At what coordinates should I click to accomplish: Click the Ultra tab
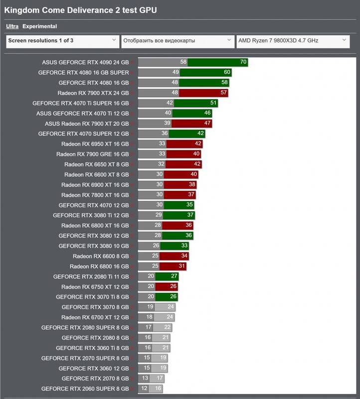(x=12, y=26)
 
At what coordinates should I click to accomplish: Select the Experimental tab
(x=39, y=26)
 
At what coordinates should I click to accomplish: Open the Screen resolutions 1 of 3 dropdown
(x=62, y=41)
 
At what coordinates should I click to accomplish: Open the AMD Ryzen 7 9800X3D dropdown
(x=292, y=41)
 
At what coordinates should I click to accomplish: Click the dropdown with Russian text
(x=177, y=41)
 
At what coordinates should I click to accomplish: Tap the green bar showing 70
(x=217, y=62)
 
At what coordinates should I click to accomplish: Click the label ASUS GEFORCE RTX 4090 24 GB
(x=85, y=62)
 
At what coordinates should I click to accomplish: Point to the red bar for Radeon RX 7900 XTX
(x=203, y=93)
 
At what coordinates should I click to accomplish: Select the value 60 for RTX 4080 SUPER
(x=227, y=72)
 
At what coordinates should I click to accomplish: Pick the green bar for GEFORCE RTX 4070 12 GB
(x=179, y=205)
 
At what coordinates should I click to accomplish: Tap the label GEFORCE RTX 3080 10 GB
(x=93, y=246)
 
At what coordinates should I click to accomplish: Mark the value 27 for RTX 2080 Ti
(x=174, y=277)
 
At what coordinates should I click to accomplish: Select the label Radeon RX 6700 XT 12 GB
(x=95, y=317)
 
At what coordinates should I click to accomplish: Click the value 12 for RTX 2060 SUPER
(x=144, y=389)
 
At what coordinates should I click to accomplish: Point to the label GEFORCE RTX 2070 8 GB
(x=95, y=379)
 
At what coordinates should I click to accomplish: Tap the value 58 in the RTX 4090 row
(x=183, y=62)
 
